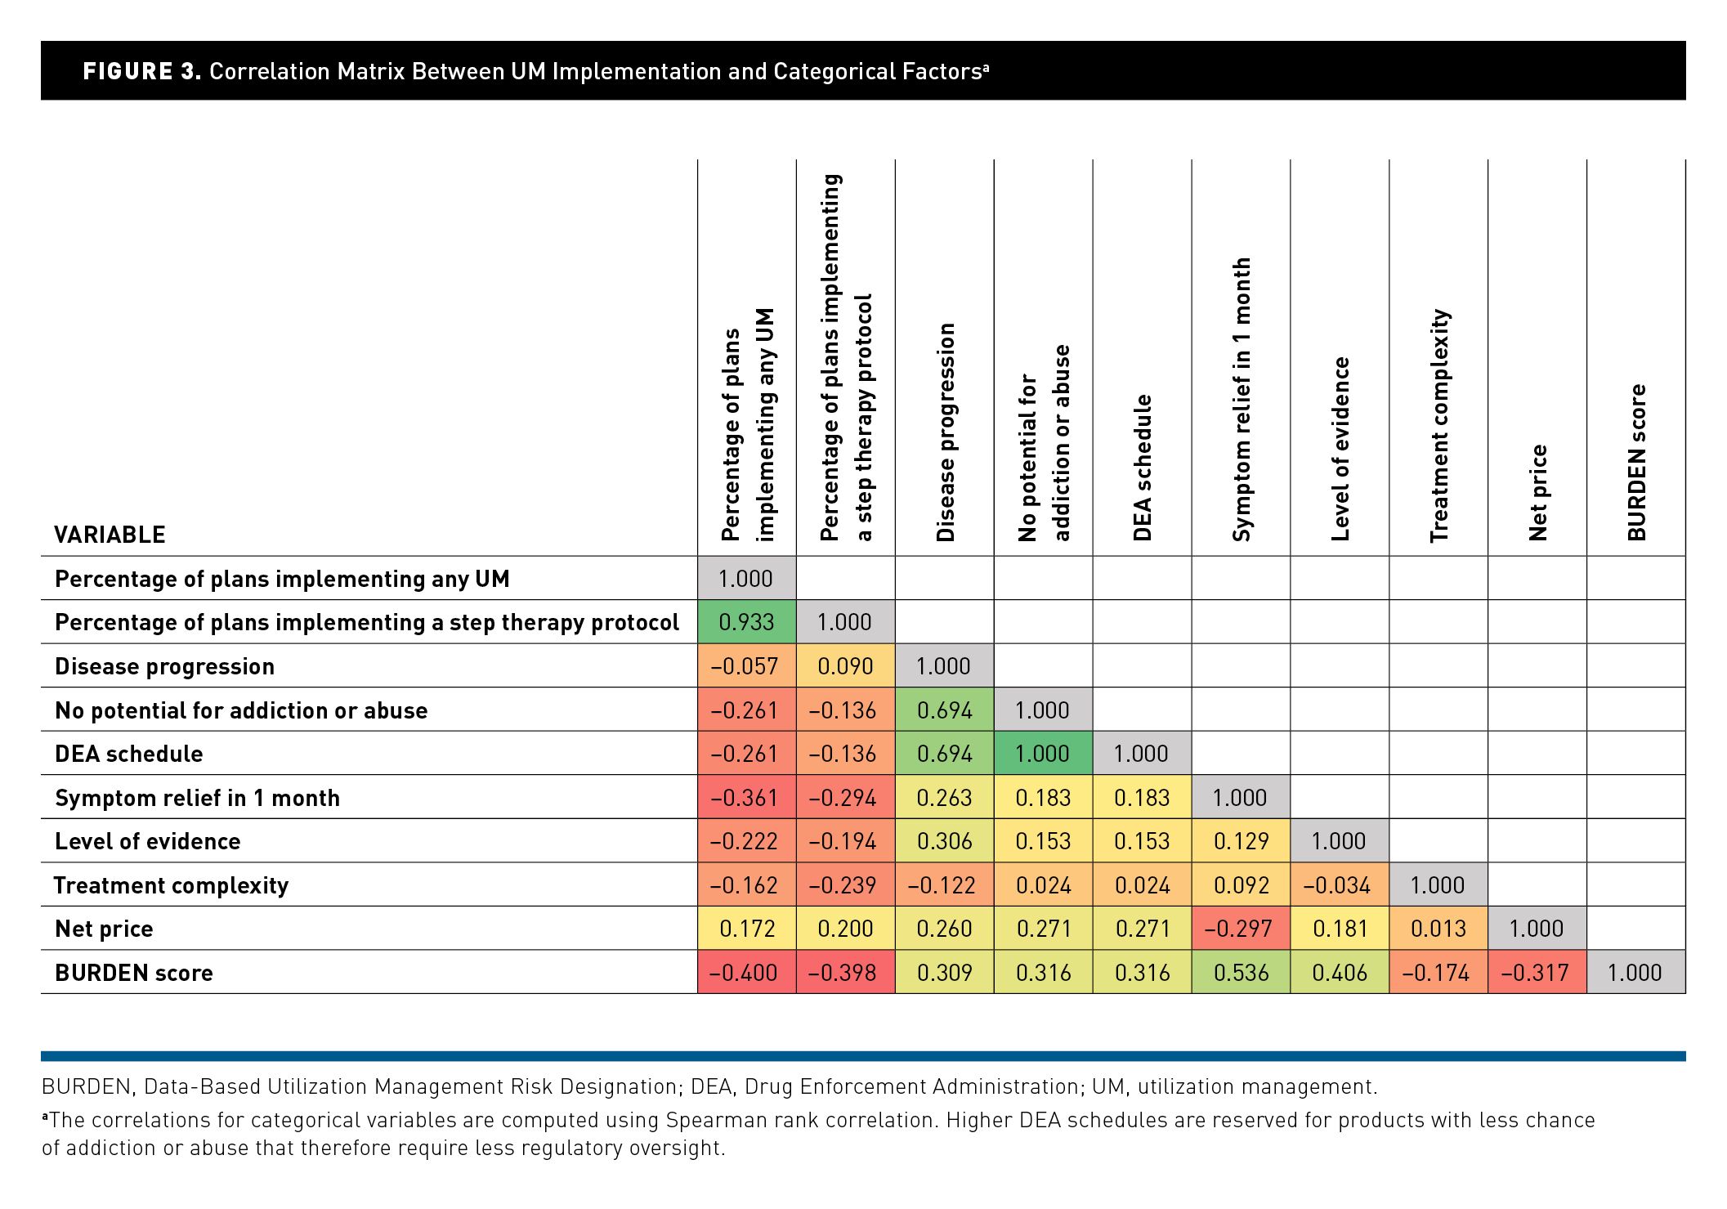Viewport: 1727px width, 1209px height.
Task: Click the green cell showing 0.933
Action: tap(747, 622)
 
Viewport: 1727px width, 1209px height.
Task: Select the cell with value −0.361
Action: tap(747, 797)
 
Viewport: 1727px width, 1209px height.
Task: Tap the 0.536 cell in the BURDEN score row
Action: tap(1241, 972)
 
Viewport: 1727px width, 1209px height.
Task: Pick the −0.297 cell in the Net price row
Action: tap(1241, 928)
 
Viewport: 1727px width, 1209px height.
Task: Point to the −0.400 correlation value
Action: tap(747, 972)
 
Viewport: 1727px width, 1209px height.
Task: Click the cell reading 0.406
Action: tap(1340, 972)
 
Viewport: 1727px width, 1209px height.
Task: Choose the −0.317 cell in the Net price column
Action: tap(1537, 972)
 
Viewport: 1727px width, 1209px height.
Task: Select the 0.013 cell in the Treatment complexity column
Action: tap(1438, 928)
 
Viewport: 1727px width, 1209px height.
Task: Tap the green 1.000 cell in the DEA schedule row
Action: tap(1043, 753)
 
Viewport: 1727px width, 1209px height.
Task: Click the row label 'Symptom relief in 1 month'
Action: tap(197, 798)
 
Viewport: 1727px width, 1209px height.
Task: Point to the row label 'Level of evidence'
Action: tap(147, 841)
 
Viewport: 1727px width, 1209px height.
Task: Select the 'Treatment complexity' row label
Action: tap(171, 885)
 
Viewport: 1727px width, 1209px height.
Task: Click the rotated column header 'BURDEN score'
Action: tap(1636, 463)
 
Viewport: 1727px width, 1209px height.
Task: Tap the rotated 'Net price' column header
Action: tap(1537, 493)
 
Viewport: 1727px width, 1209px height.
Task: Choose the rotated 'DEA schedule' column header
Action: tap(1142, 468)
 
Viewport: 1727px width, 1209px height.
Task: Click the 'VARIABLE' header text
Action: tap(110, 535)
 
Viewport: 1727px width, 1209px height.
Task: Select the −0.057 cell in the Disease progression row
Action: tap(747, 665)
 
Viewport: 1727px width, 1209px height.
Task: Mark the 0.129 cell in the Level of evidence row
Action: tap(1241, 840)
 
